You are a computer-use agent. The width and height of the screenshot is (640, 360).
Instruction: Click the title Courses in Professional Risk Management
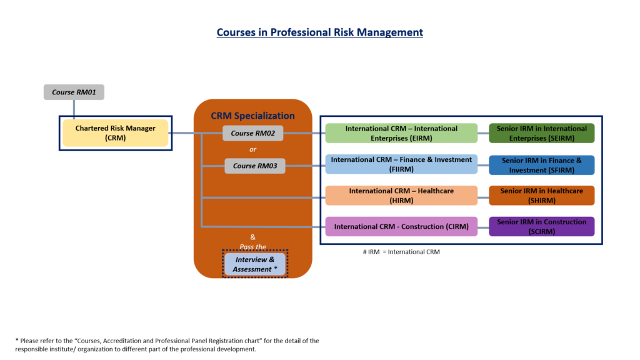(319, 32)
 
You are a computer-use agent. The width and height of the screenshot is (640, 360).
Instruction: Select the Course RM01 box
(74, 92)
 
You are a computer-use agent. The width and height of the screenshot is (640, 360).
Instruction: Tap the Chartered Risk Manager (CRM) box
(115, 133)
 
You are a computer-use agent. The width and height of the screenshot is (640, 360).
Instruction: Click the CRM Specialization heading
(252, 116)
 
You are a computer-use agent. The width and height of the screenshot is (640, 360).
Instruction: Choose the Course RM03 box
(255, 166)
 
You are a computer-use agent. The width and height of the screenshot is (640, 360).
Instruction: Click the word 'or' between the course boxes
(252, 149)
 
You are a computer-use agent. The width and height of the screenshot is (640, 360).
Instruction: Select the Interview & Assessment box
(254, 264)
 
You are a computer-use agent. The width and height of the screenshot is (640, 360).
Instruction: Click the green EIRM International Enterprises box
(401, 133)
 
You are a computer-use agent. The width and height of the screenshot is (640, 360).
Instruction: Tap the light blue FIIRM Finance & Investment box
(401, 164)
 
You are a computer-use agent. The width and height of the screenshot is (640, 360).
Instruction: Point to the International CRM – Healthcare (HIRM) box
(401, 196)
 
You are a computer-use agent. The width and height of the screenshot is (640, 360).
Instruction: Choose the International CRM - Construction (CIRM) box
(401, 226)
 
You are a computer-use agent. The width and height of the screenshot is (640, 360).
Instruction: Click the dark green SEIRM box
(541, 133)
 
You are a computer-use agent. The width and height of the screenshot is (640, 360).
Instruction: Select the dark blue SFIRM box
(541, 165)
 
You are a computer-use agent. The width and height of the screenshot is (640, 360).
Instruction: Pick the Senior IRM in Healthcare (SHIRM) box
(541, 196)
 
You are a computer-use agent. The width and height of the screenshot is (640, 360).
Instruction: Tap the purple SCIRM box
(541, 226)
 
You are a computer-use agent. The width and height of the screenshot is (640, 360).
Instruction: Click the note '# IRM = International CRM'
(401, 251)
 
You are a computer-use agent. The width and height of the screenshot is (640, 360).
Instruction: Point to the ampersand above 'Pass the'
(252, 237)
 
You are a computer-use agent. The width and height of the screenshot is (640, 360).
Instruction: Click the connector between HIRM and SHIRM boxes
(483, 196)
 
